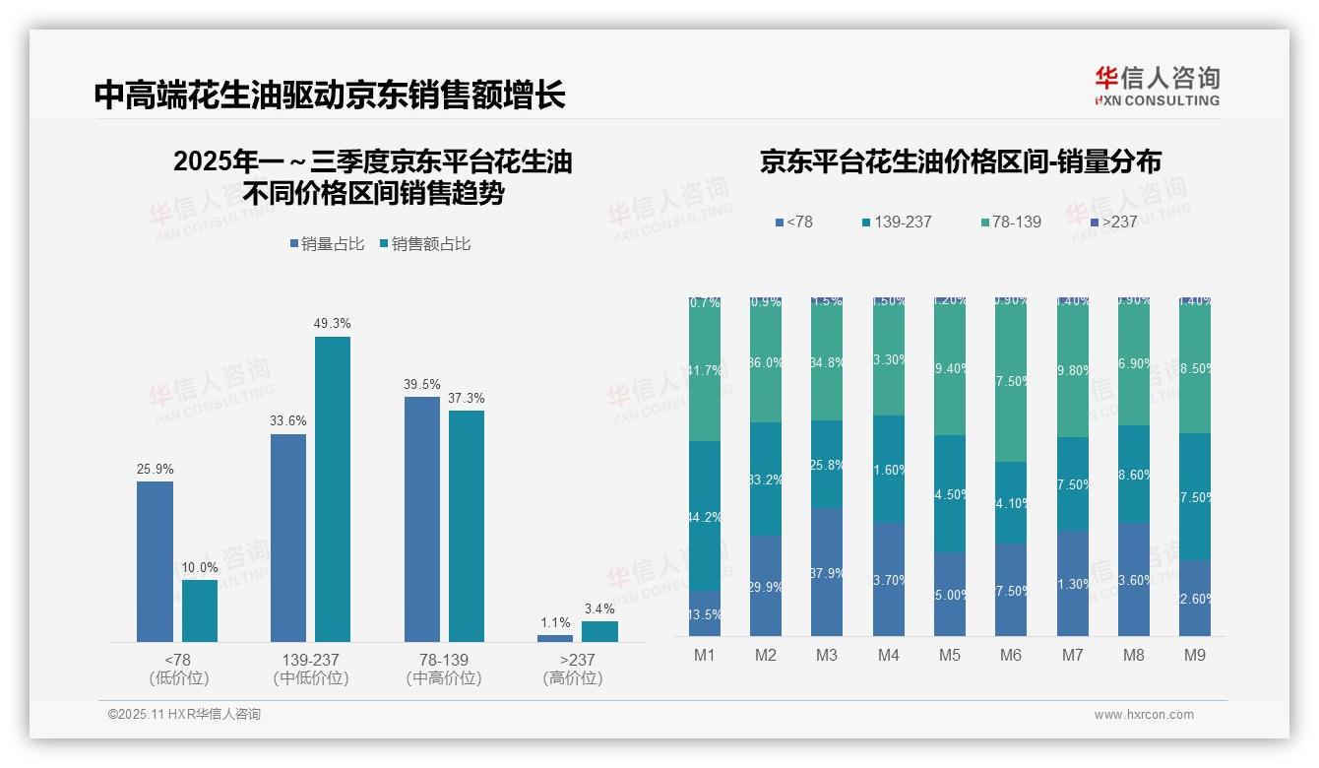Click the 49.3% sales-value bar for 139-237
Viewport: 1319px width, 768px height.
333,489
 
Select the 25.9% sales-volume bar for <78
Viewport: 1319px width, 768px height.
155,561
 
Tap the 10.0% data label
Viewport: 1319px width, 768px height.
199,567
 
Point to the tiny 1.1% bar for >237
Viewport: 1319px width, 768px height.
555,638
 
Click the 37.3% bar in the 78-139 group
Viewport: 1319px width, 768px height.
467,526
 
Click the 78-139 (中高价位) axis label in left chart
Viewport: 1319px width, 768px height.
443,669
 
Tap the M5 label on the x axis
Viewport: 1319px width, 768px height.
950,655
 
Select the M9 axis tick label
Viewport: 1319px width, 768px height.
1195,655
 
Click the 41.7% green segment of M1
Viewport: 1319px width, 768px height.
705,370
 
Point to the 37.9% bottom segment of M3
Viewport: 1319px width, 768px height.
827,572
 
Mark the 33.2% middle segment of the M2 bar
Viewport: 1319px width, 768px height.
766,480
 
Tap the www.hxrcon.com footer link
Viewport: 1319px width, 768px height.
1144,715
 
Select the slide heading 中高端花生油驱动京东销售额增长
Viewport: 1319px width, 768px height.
330,96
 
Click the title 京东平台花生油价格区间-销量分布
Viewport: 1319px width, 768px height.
960,161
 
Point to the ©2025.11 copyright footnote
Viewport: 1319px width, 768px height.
184,715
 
